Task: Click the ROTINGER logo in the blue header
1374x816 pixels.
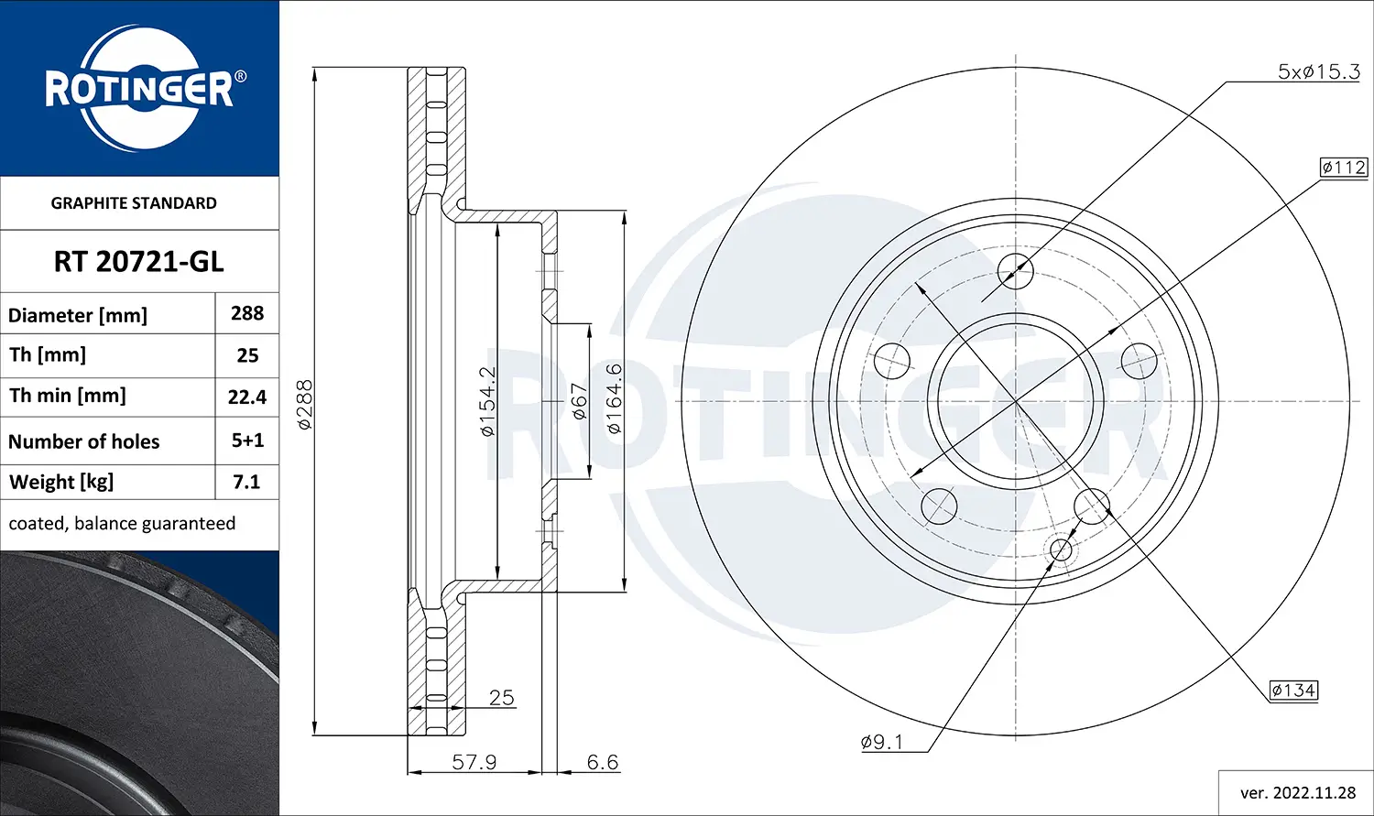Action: click(139, 89)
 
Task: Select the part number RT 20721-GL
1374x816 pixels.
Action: click(138, 262)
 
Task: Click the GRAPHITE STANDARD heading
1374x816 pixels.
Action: click(134, 203)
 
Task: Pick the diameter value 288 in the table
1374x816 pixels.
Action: click(247, 313)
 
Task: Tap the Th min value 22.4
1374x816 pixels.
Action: click(247, 397)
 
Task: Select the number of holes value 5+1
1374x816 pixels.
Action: click(247, 441)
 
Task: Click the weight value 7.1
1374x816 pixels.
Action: click(247, 482)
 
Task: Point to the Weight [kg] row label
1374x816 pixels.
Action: click(61, 482)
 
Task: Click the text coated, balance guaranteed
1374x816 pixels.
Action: click(122, 523)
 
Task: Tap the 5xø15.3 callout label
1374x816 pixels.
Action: click(1318, 71)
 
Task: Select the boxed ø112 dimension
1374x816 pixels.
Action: click(1343, 168)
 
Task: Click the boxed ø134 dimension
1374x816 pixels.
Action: click(1293, 690)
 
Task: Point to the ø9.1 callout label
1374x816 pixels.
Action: click(881, 742)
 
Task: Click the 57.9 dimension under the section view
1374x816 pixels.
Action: click(474, 761)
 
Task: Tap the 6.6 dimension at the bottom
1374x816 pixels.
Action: click(602, 761)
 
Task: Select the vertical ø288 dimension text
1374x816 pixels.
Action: click(305, 405)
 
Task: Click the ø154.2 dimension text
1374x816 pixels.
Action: click(488, 401)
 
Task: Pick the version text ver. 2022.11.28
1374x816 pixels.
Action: click(1297, 792)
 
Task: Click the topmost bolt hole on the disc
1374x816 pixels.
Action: click(1015, 270)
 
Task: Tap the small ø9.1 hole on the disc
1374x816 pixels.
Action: click(1060, 549)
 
